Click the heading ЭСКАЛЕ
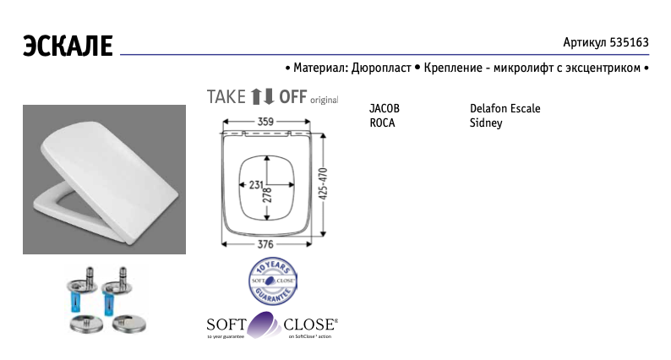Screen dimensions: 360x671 pyautogui.click(x=67, y=45)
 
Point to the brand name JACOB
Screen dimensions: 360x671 pyautogui.click(x=385, y=109)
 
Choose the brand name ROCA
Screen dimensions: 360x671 pyautogui.click(x=382, y=123)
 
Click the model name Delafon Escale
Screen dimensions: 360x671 pyautogui.click(x=505, y=109)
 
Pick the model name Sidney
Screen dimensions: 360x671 pyautogui.click(x=486, y=123)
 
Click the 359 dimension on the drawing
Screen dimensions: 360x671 pyautogui.click(x=265, y=123)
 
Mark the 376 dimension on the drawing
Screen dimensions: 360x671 pyautogui.click(x=265, y=245)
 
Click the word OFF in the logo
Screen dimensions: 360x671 pyautogui.click(x=292, y=95)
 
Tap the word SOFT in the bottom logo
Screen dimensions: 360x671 pyautogui.click(x=227, y=324)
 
